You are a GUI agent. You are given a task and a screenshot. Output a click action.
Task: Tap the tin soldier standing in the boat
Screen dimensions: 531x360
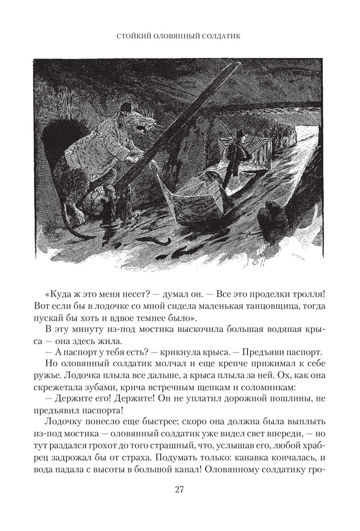pos(234,154)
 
